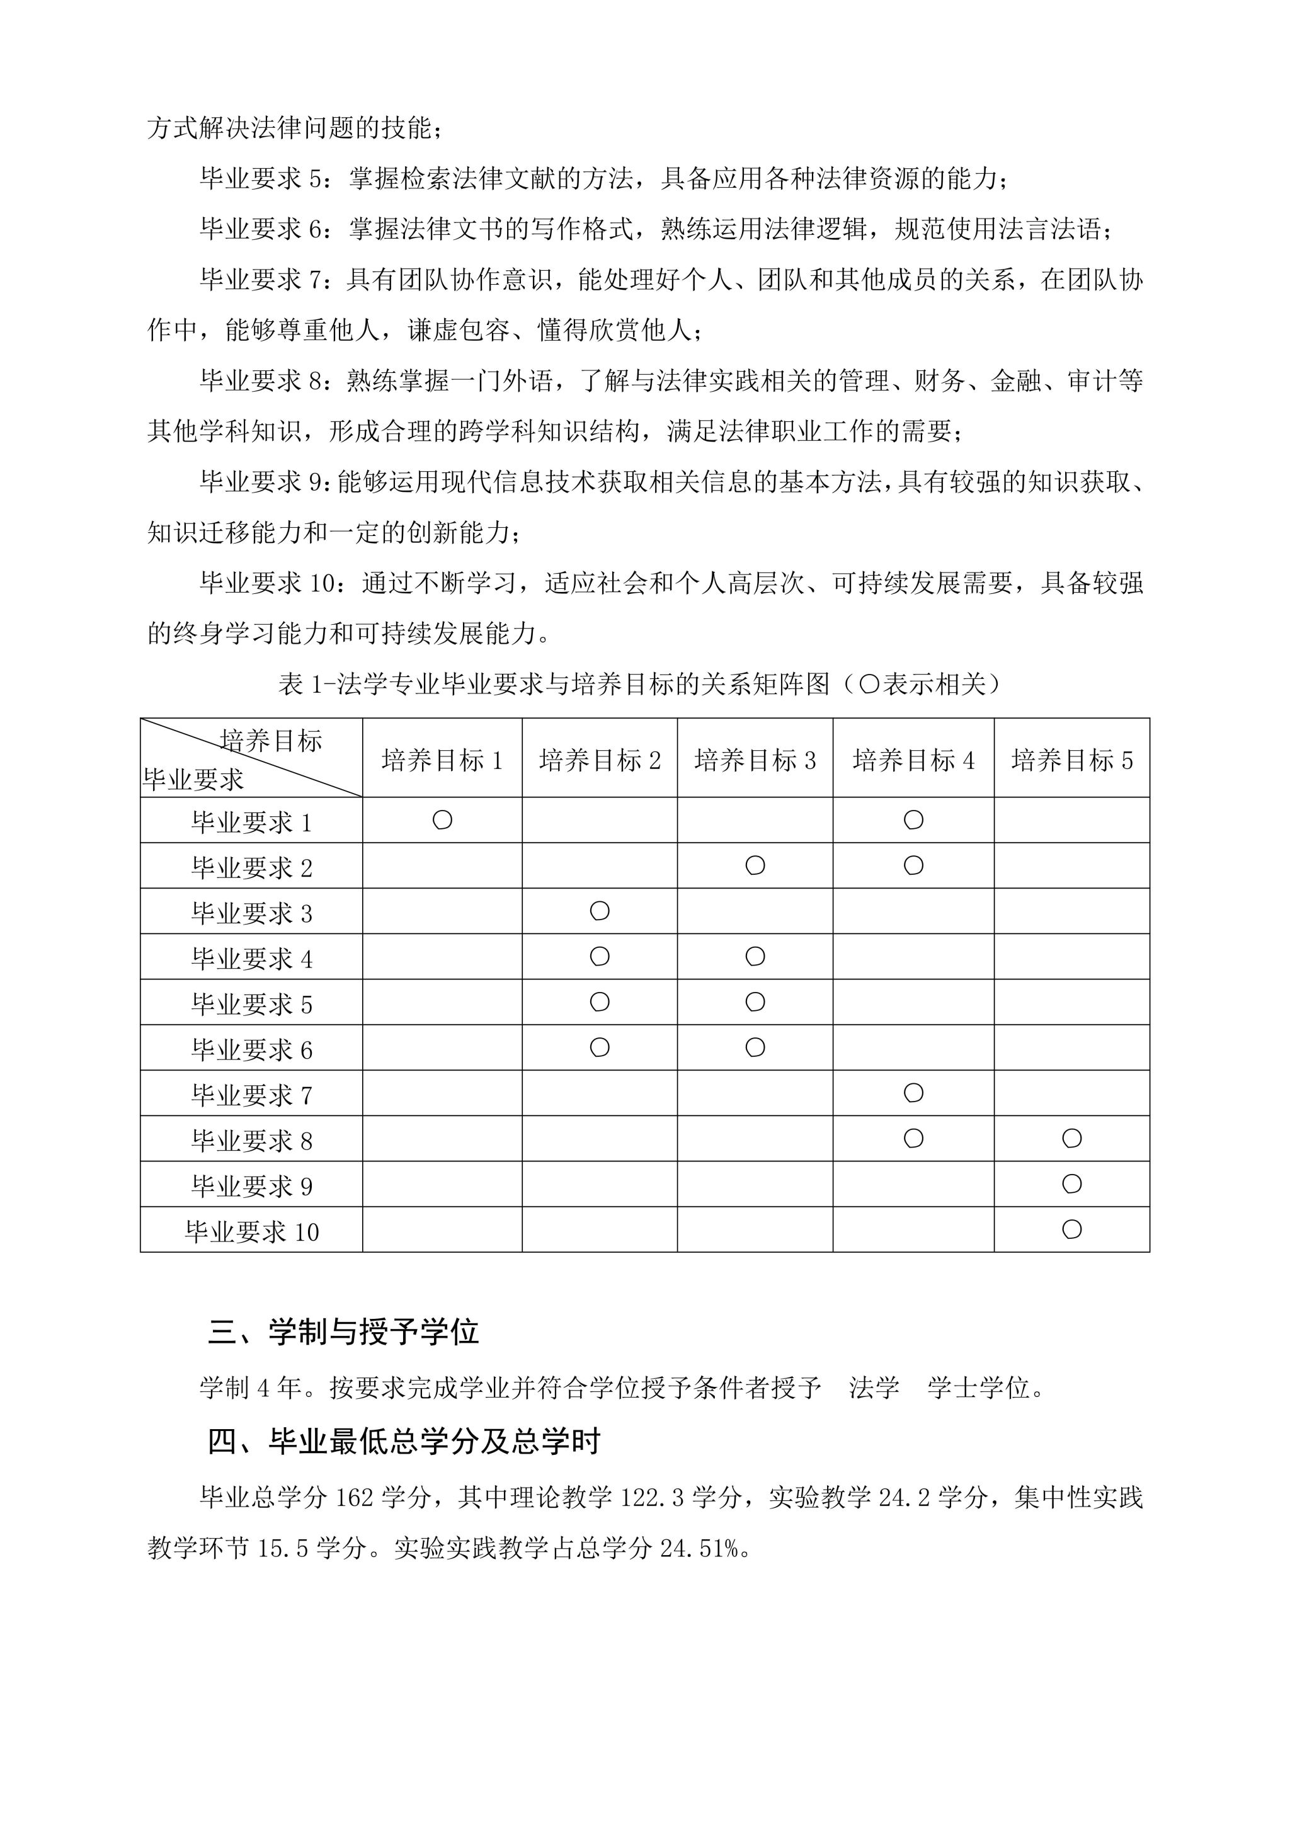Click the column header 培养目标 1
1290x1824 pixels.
click(x=442, y=760)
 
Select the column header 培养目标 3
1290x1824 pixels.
click(x=755, y=760)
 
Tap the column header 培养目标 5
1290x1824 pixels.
click(x=1071, y=760)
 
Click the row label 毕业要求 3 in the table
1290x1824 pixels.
click(x=252, y=913)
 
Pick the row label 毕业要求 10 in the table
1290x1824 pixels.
click(x=252, y=1231)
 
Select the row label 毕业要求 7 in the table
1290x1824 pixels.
click(x=252, y=1095)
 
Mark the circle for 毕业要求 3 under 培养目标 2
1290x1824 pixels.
click(x=600, y=910)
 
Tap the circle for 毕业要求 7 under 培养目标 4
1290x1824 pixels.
click(x=913, y=1093)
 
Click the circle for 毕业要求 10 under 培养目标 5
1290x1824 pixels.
click(x=1071, y=1229)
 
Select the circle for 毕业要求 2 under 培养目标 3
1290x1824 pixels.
click(x=755, y=865)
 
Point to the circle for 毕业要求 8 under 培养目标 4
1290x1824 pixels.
click(x=913, y=1138)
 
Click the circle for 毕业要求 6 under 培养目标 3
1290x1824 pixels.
click(x=755, y=1047)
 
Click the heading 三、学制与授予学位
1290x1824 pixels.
click(x=343, y=1332)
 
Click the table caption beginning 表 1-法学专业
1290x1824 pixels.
click(x=639, y=684)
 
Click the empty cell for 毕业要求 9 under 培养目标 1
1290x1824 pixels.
click(x=442, y=1183)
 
